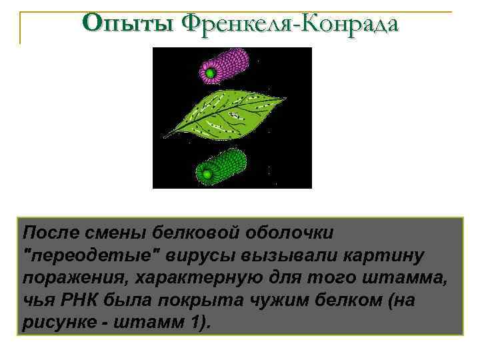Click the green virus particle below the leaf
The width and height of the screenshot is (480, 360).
[222, 167]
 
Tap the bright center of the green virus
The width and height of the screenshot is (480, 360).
[207, 175]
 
